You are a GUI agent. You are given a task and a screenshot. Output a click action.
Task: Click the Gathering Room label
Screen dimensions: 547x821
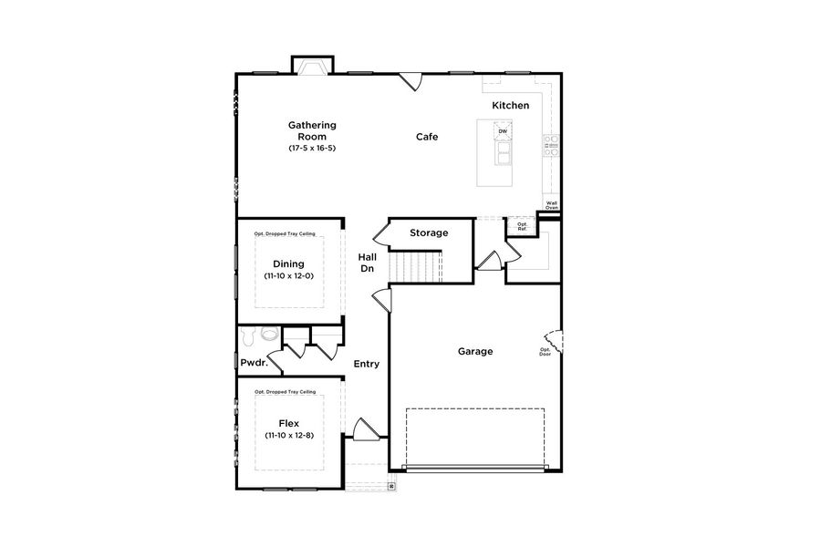(312, 130)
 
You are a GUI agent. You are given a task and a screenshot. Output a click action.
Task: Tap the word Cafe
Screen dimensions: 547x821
(427, 137)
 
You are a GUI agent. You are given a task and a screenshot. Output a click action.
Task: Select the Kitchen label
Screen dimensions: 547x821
(510, 106)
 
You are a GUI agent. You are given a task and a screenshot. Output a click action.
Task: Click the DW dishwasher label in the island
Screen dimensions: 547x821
(502, 131)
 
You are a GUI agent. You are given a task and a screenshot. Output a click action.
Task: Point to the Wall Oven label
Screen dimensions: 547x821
(551, 205)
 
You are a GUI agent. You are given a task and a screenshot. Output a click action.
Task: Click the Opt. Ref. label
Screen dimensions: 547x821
(523, 225)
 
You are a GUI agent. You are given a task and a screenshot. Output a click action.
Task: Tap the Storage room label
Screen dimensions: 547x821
(429, 232)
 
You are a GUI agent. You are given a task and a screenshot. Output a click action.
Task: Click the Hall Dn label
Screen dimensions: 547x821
(367, 263)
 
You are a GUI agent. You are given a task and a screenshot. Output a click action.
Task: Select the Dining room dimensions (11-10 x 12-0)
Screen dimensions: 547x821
(289, 275)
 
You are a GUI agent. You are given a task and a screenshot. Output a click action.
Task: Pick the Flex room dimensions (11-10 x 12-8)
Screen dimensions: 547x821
(289, 436)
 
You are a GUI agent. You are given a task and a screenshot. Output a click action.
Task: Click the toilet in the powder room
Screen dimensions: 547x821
(266, 335)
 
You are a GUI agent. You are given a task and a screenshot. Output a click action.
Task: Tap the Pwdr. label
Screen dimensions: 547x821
(253, 362)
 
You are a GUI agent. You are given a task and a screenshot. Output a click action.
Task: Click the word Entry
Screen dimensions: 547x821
(367, 364)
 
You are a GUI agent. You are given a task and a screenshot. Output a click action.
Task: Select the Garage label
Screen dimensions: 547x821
(475, 351)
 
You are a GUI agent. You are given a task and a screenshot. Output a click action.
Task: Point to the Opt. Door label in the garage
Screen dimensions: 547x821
(546, 352)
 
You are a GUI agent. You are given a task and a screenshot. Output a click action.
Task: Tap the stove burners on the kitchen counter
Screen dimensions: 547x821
(551, 145)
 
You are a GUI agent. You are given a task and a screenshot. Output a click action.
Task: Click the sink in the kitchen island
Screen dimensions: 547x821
(502, 156)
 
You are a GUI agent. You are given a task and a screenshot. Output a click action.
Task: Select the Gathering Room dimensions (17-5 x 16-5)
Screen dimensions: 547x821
(312, 148)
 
